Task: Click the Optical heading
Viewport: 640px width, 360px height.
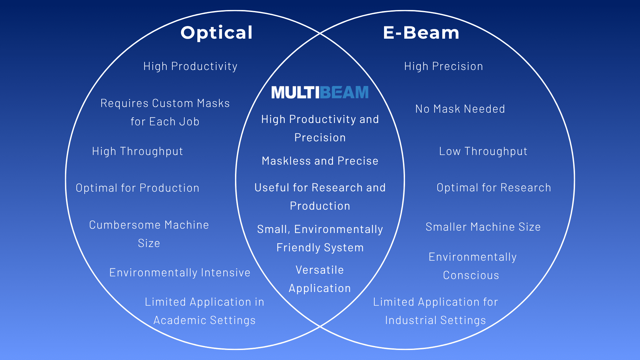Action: (x=217, y=33)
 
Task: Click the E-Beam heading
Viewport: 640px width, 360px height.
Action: (x=421, y=33)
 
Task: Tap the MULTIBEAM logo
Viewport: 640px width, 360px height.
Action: (x=320, y=92)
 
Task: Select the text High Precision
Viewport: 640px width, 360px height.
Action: (x=443, y=66)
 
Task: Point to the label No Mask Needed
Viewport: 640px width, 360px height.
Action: (x=460, y=109)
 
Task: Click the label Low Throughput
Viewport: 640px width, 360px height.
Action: (x=483, y=151)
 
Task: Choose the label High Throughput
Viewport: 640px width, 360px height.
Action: (x=137, y=151)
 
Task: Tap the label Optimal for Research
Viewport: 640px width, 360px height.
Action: (x=494, y=188)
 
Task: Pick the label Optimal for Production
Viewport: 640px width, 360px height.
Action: (x=137, y=188)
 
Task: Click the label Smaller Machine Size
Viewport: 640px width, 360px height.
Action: (x=483, y=227)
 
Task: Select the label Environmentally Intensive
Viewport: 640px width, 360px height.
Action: (x=180, y=273)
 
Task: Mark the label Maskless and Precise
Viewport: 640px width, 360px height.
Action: (x=320, y=161)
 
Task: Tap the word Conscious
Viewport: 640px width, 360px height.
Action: (x=471, y=275)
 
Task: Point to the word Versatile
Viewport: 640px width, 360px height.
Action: (x=320, y=270)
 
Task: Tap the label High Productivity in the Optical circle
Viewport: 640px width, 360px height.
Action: (x=190, y=66)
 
